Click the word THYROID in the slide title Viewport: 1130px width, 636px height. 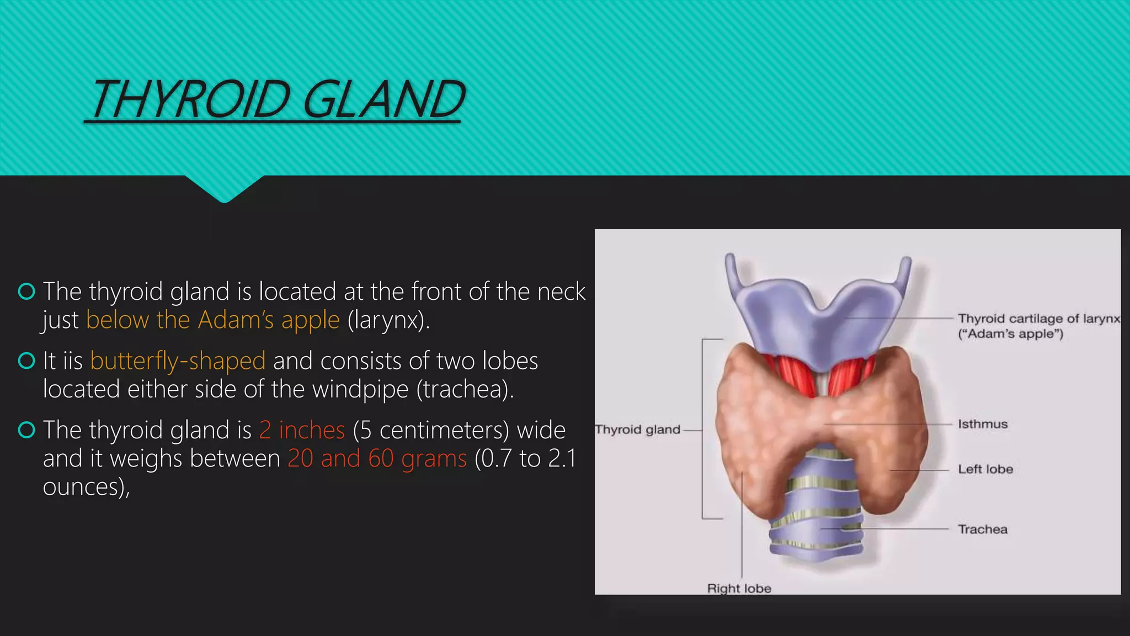190,99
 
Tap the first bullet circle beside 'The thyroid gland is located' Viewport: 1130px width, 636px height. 26,291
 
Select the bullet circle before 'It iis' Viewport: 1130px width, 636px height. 26,361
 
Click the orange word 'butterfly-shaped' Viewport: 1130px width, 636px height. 178,361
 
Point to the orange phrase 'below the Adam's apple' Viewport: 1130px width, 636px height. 212,320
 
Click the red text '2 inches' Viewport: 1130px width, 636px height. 302,430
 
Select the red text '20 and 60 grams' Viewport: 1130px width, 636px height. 377,459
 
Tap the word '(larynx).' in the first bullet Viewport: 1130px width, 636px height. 388,320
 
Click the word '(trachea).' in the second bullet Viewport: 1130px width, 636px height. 465,389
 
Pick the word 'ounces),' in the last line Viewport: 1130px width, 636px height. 87,487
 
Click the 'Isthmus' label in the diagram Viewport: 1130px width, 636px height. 983,424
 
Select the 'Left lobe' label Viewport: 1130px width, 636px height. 985,469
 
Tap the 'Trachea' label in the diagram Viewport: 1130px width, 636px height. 983,529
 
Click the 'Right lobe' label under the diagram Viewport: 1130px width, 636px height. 739,589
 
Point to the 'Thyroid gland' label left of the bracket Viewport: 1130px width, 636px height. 637,430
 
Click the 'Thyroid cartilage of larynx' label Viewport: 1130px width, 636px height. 1038,319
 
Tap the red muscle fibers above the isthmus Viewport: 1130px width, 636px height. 789,375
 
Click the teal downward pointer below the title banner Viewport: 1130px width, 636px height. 224,189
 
